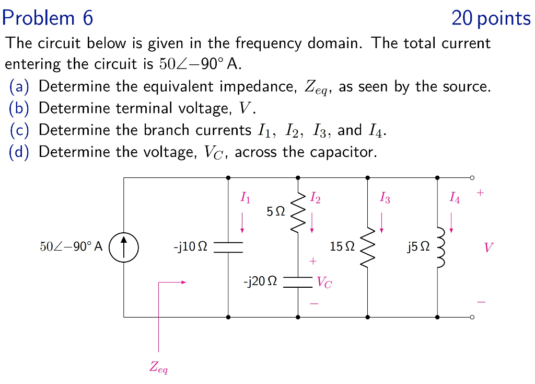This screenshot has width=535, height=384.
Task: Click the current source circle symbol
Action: (x=124, y=247)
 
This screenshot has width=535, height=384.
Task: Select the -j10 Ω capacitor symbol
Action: (x=228, y=247)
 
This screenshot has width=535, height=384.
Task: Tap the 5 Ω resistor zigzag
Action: (x=298, y=212)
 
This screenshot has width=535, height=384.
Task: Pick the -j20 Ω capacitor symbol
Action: (x=298, y=283)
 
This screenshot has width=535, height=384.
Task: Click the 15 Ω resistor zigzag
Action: (x=368, y=247)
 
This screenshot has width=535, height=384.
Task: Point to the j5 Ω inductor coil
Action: (x=439, y=247)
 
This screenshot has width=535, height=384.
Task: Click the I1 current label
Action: (x=245, y=198)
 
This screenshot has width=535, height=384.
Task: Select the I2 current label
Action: (x=315, y=198)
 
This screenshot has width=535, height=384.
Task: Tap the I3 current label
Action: (x=385, y=198)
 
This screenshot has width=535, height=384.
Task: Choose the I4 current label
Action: (x=455, y=198)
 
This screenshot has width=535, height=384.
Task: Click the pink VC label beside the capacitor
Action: (x=324, y=284)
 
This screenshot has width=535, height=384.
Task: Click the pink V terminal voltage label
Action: (x=488, y=247)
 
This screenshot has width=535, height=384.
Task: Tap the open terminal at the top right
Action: (x=472, y=178)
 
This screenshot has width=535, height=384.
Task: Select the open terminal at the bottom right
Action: (x=472, y=317)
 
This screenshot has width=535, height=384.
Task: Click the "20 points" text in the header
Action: (x=491, y=19)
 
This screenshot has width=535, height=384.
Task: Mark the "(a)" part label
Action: (x=19, y=86)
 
